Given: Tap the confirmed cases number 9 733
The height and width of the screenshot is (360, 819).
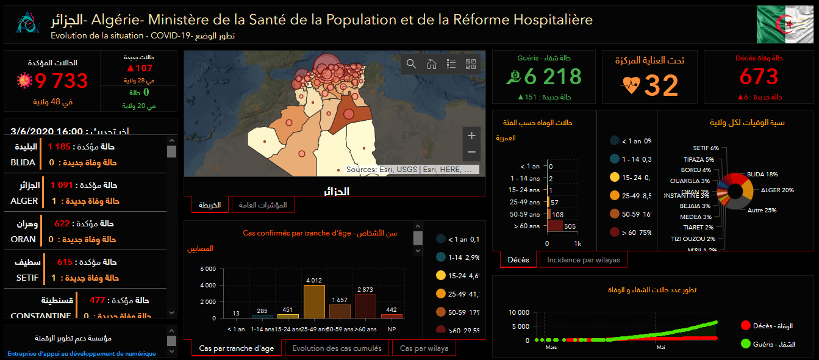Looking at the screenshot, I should [x=62, y=81].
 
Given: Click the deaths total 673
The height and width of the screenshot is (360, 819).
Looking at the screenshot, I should [x=759, y=77].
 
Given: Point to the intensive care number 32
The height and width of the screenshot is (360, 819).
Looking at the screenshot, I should [x=661, y=85].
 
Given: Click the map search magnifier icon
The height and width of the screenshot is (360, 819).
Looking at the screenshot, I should [x=412, y=64].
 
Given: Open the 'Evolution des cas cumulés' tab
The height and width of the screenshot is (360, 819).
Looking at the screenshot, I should [x=337, y=348].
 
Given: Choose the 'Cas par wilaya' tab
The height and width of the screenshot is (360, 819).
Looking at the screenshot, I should [x=424, y=348].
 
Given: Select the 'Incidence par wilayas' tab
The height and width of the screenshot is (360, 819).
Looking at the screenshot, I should [x=583, y=260].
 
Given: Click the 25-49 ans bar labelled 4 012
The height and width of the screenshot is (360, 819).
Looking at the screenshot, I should [x=314, y=301].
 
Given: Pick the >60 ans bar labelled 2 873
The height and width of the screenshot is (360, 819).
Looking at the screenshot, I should [x=366, y=306].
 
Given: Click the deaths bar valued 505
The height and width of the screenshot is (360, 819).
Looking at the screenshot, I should [x=555, y=226].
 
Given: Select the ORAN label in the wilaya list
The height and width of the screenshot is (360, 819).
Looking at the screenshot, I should [x=24, y=240].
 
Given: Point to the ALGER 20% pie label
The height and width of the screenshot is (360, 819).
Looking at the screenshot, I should [x=777, y=190].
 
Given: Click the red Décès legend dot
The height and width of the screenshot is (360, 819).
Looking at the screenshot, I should [x=745, y=326].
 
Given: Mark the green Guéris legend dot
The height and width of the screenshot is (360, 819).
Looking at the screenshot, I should [x=745, y=344].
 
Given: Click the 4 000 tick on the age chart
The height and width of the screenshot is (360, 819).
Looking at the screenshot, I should [x=207, y=286].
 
